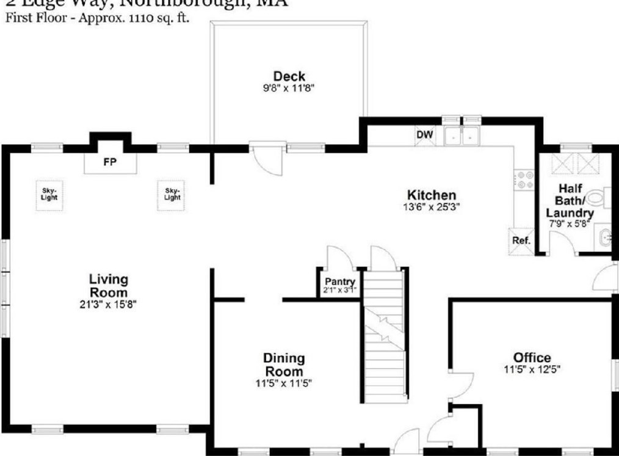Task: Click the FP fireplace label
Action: [x=110, y=162]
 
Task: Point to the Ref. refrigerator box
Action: [x=521, y=240]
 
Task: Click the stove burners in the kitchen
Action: [x=524, y=178]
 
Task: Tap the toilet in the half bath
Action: [x=598, y=197]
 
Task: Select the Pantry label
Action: [x=340, y=281]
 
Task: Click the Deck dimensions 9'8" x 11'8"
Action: [x=289, y=89]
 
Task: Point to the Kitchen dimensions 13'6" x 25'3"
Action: [x=432, y=207]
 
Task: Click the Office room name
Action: [x=532, y=358]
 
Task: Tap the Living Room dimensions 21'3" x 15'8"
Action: [x=109, y=303]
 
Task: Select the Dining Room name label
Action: [x=284, y=365]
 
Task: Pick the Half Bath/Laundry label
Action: [x=570, y=201]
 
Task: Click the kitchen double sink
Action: [x=462, y=136]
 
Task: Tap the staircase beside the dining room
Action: [x=385, y=336]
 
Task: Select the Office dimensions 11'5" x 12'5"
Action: [x=532, y=369]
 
